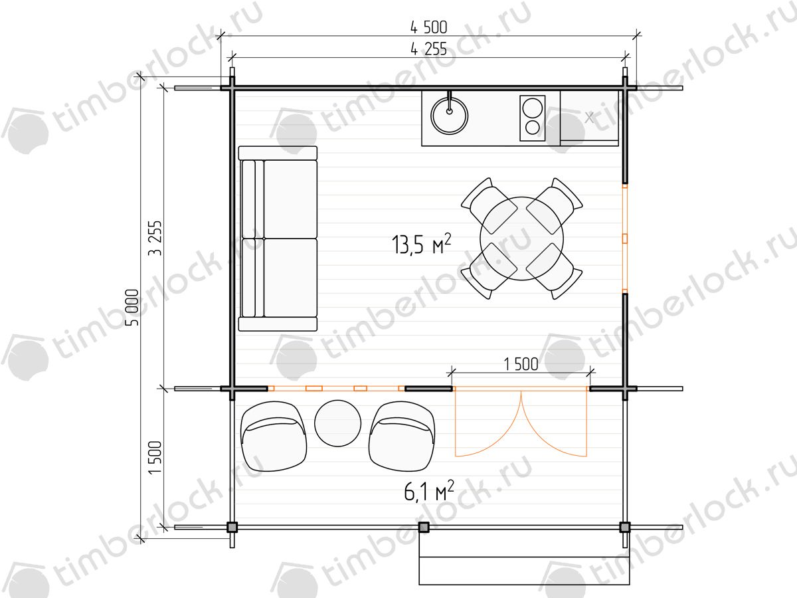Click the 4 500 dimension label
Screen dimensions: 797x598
click(428, 27)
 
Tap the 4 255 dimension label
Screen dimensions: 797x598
click(428, 49)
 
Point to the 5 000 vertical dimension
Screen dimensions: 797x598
click(132, 308)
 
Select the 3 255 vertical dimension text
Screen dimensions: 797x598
click(155, 238)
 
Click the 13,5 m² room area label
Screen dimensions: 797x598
click(421, 244)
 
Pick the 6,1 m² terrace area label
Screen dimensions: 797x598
click(429, 490)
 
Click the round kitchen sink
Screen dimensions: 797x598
click(449, 116)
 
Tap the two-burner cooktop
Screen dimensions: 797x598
click(532, 118)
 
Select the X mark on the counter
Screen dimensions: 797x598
click(589, 118)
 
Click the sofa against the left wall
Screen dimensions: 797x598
click(278, 239)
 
